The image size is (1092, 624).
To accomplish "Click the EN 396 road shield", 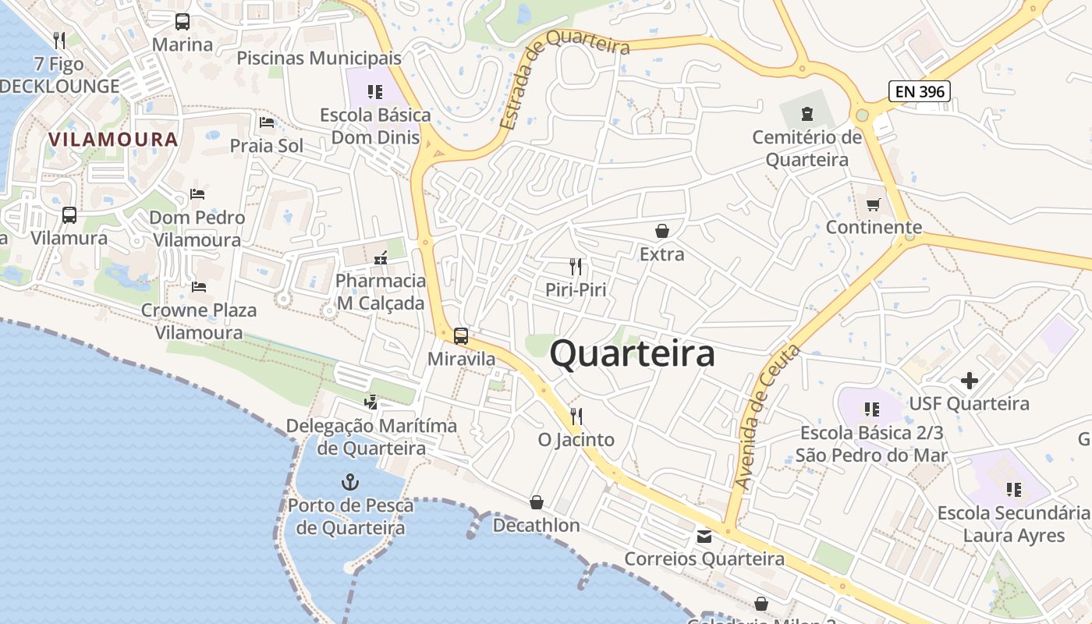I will [920, 91].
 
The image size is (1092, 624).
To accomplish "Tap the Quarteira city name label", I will [632, 353].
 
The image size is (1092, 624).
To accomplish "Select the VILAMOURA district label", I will [113, 140].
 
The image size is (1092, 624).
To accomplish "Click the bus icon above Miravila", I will [461, 336].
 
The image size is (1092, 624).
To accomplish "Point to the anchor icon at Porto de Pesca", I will [349, 481].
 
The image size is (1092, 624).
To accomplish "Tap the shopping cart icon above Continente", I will [874, 204].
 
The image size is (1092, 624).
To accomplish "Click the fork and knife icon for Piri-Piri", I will [576, 267].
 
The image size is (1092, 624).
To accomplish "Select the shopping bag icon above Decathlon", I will [537, 502].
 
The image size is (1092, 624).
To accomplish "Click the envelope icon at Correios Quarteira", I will [704, 536].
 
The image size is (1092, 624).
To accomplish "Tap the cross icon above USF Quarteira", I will [969, 381].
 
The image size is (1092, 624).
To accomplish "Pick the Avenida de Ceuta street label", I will [768, 417].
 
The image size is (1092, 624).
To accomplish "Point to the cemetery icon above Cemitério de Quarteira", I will [807, 115].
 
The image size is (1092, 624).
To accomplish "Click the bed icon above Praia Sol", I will [267, 122].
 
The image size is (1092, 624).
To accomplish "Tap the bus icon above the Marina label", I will [183, 22].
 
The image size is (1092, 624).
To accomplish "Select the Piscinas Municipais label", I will [319, 58].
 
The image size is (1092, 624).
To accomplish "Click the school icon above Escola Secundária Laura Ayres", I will [1013, 490].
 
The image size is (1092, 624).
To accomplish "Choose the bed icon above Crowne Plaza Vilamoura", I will [199, 287].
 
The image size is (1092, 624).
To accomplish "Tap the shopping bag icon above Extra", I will [661, 231].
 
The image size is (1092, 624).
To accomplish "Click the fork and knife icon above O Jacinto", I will [576, 416].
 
